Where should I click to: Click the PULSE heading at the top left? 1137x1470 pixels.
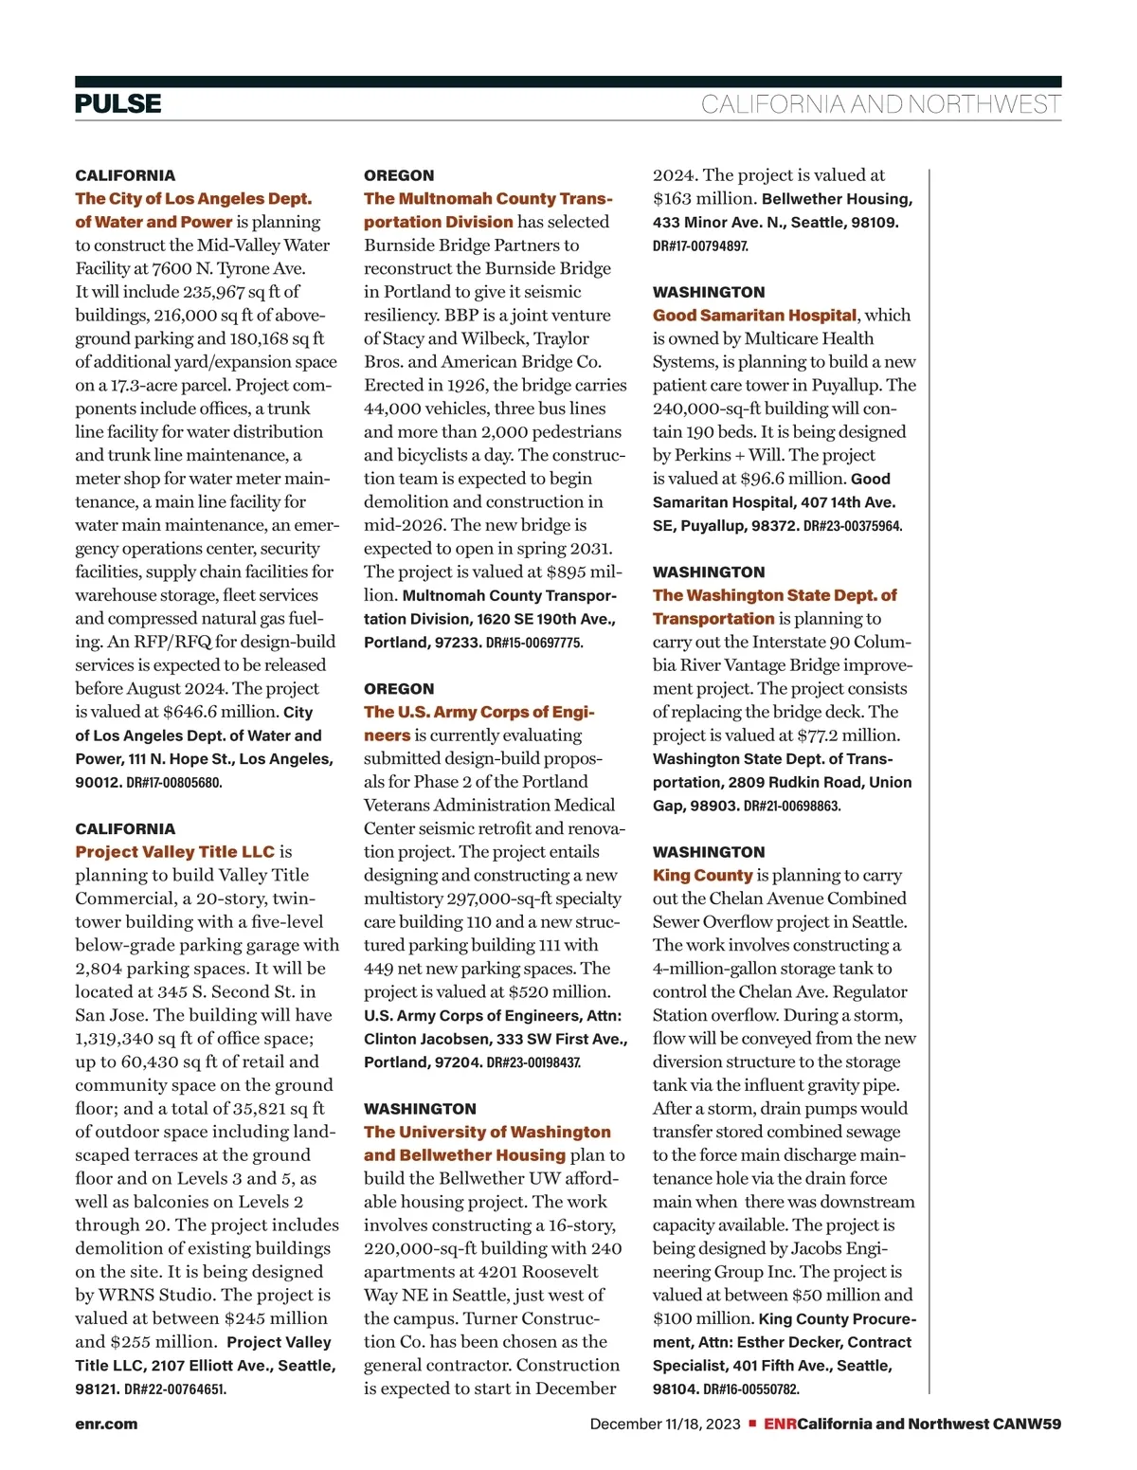118,103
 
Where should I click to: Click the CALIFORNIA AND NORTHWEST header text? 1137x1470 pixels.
880,104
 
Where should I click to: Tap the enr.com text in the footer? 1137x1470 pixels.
106,1424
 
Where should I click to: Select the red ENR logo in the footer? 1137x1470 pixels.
781,1424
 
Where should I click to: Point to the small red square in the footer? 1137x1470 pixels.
752,1424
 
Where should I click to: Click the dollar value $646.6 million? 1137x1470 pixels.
220,712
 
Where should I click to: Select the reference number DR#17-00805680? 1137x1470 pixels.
174,783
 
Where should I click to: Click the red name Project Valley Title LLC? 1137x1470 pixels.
175,852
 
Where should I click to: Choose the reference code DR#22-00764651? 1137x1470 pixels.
175,1389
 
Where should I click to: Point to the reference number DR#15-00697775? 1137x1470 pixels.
534,643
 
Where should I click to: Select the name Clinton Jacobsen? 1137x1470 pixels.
422,1039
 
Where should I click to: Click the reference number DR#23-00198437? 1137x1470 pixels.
533,1062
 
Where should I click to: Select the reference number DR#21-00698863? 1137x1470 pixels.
792,806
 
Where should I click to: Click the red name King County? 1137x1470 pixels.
702,876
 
